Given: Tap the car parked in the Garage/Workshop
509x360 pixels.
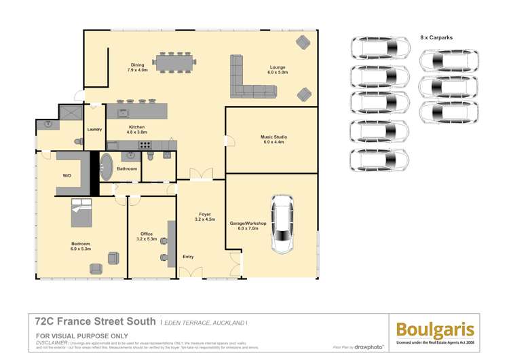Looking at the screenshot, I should click(x=282, y=224).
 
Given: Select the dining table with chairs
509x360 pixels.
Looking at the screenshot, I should click(x=175, y=63).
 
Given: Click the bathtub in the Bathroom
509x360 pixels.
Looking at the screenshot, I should click(x=106, y=166).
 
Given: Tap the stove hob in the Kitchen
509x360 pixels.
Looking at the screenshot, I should click(x=145, y=145).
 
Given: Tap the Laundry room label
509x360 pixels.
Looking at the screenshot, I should click(x=94, y=130).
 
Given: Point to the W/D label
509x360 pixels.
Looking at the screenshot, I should click(x=67, y=175).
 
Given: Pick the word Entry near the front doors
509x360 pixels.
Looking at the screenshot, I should click(x=188, y=257).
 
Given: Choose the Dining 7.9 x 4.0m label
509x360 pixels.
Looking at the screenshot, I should click(x=137, y=67).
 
